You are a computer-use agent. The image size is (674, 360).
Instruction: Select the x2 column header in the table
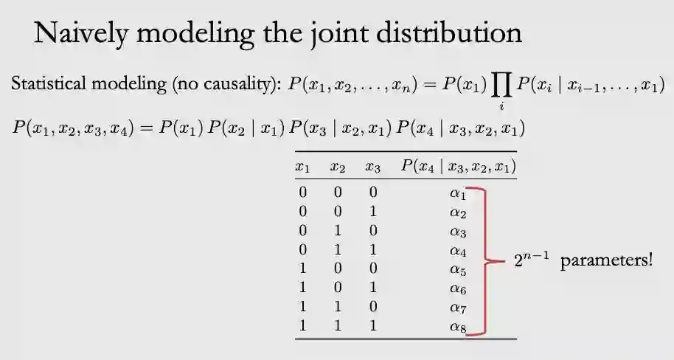pyautogui.click(x=338, y=167)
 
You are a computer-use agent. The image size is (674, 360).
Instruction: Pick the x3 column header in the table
pyautogui.click(x=372, y=167)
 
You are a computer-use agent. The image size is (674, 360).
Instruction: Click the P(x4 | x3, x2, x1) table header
pyautogui.click(x=458, y=167)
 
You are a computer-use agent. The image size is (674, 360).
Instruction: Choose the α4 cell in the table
pyautogui.click(x=458, y=251)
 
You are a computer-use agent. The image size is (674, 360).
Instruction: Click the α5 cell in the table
pyautogui.click(x=458, y=270)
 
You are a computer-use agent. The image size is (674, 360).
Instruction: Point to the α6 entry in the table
pyautogui.click(x=458, y=289)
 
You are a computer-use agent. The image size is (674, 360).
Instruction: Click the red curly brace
pyautogui.click(x=484, y=260)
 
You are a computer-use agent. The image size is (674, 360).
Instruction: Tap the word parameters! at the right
pyautogui.click(x=606, y=262)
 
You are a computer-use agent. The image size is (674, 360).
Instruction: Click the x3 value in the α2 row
pyautogui.click(x=372, y=212)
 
